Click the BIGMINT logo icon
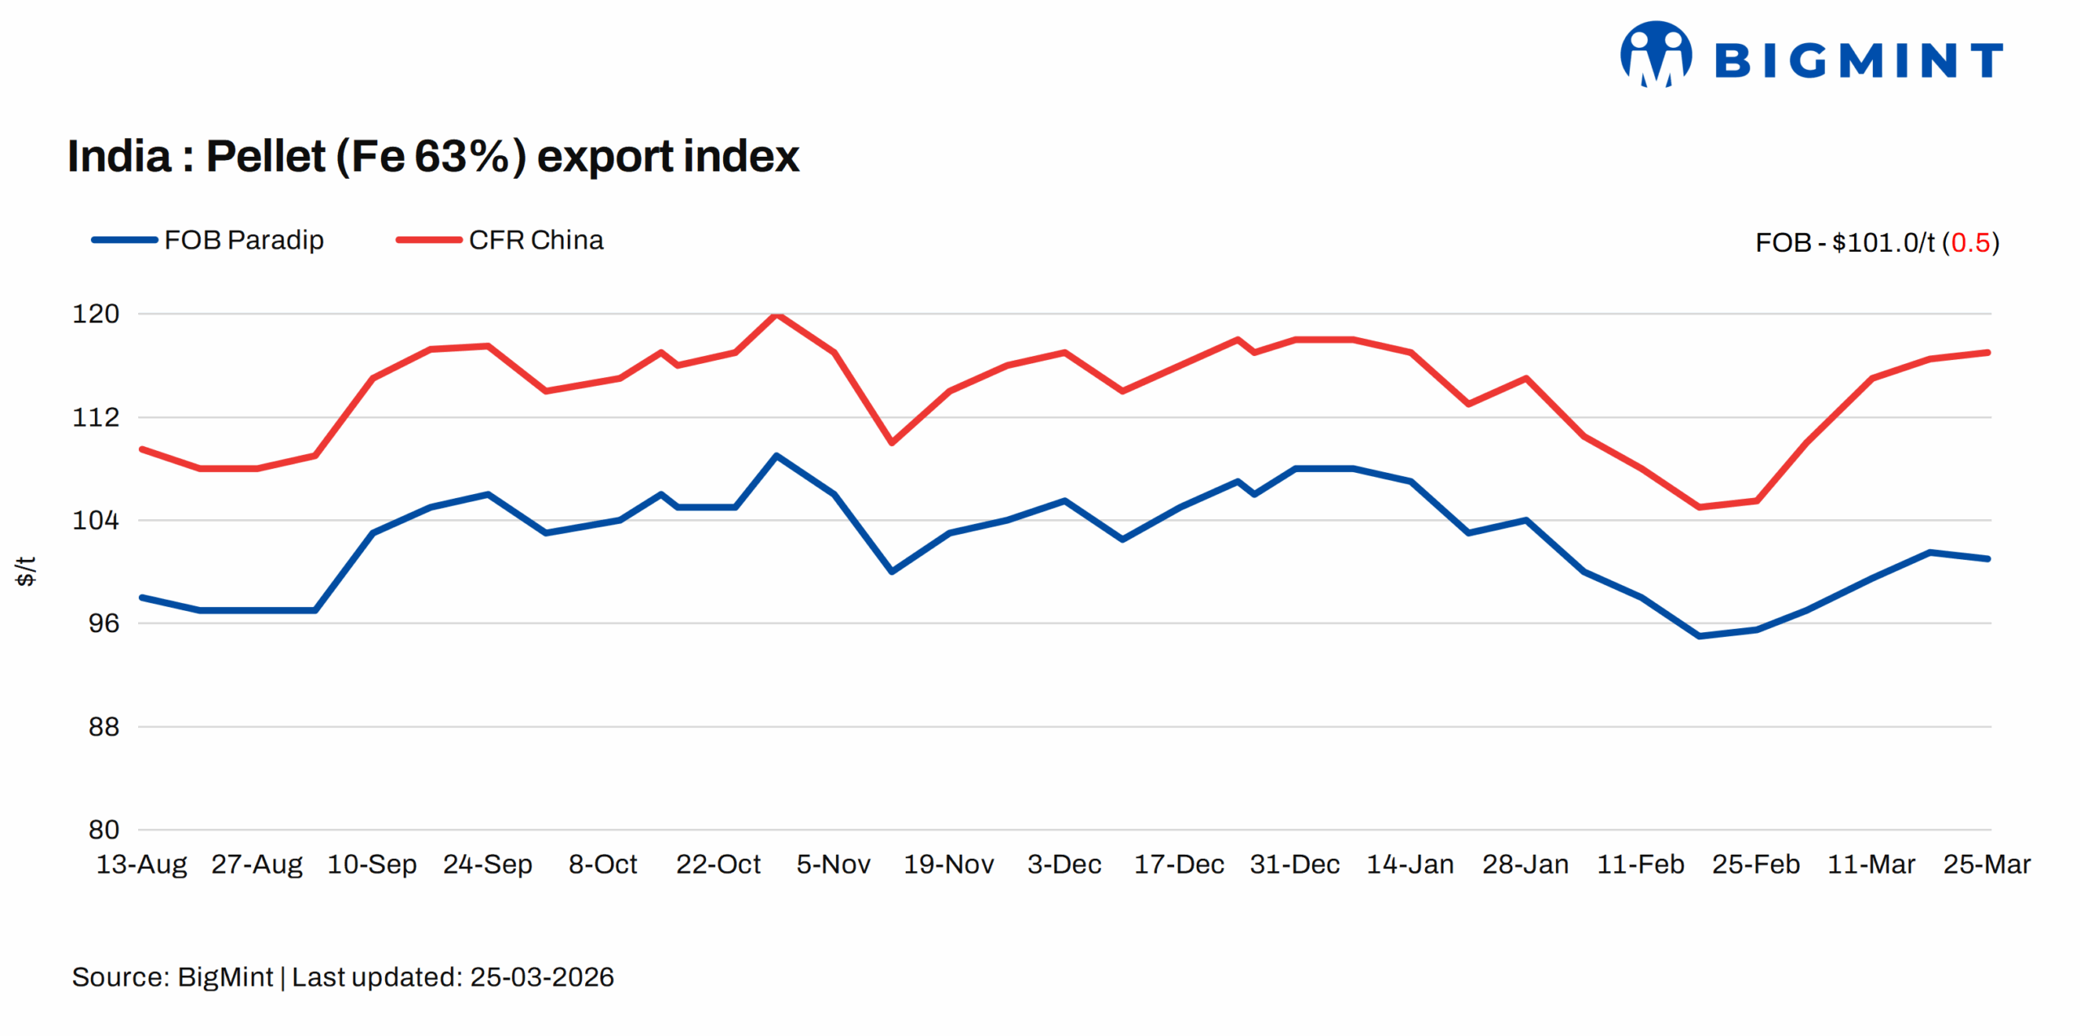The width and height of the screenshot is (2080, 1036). click(x=1655, y=55)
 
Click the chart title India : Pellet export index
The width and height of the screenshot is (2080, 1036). click(x=432, y=156)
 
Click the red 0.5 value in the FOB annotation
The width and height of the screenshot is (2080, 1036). click(x=1969, y=243)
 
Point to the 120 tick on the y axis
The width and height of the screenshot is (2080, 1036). click(x=96, y=314)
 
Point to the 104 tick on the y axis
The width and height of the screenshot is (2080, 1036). click(x=96, y=520)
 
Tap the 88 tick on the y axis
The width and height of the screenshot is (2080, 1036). click(x=103, y=727)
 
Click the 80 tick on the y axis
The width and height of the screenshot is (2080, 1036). click(x=103, y=830)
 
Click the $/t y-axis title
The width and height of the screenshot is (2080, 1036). click(x=26, y=571)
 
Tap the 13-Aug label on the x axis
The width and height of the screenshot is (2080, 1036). click(x=141, y=865)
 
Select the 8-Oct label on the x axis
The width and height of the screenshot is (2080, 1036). click(x=602, y=865)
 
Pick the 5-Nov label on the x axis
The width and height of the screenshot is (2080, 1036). click(x=833, y=865)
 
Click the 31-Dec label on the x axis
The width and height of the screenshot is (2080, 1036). click(x=1294, y=865)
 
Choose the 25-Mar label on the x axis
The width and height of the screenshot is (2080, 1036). click(x=1986, y=865)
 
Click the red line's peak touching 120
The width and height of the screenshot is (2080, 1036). click(x=777, y=314)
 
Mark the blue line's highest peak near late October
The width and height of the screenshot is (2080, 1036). click(x=777, y=456)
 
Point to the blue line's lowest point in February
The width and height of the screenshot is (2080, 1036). click(x=1699, y=636)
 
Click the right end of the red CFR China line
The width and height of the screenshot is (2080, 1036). click(x=1987, y=353)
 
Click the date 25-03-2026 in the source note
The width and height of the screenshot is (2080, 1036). click(x=541, y=977)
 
